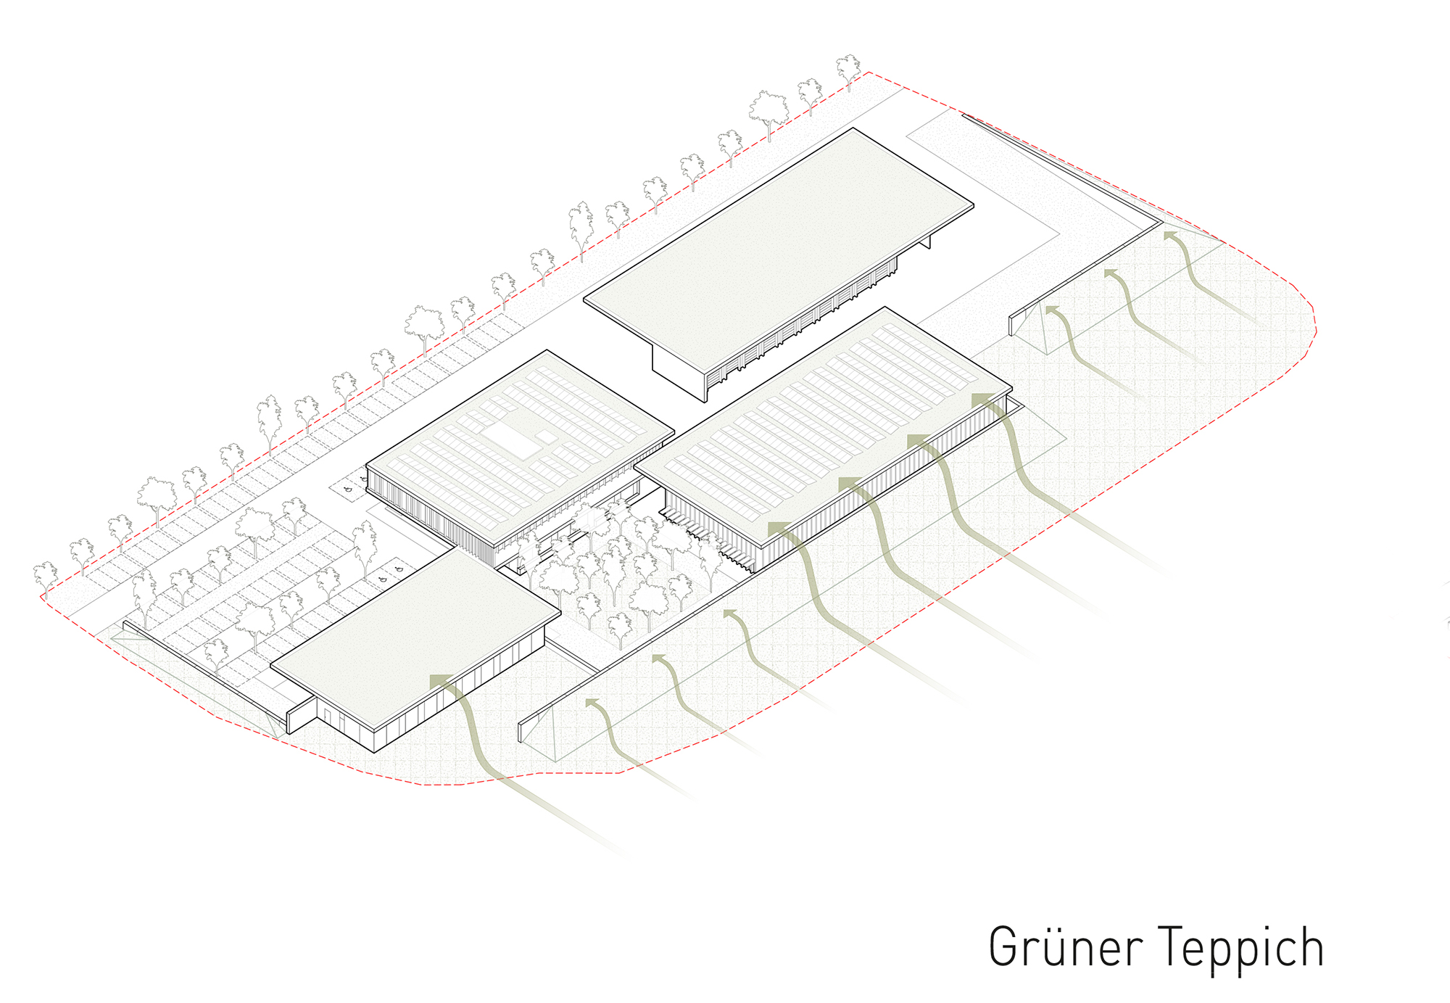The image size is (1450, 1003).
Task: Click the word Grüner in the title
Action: tap(1066, 947)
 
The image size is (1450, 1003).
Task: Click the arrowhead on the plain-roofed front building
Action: tap(440, 681)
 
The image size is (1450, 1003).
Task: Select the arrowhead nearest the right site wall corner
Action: tap(1170, 236)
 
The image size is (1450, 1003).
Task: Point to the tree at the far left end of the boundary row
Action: tap(46, 577)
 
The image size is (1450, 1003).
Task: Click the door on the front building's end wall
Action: tap(328, 717)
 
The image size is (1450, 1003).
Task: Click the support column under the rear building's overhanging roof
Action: tap(927, 242)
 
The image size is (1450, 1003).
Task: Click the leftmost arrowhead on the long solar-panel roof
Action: tap(779, 527)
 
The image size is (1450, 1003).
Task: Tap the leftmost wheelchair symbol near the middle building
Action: tap(347, 490)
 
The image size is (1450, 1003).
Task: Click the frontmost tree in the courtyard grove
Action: tap(619, 627)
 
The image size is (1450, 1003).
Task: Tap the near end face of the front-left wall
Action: tap(290, 721)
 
